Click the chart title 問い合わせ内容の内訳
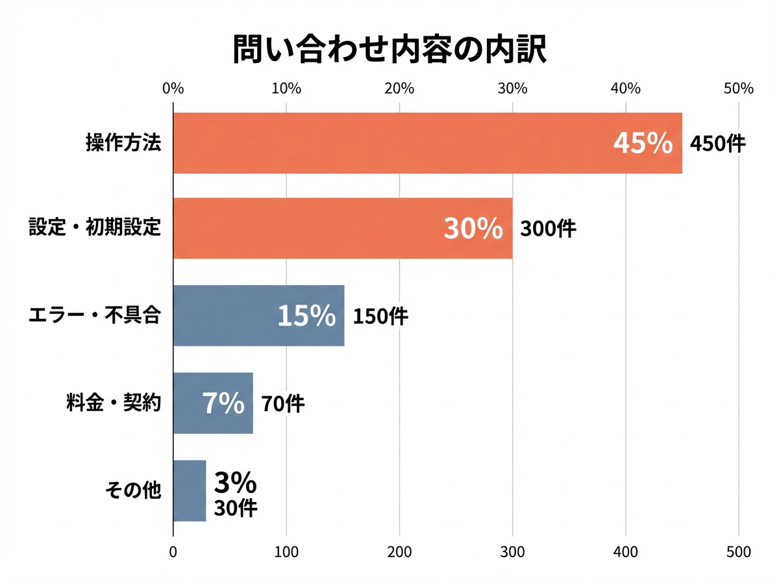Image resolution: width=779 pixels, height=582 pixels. click(x=389, y=50)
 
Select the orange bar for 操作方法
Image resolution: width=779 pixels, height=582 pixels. click(x=389, y=143)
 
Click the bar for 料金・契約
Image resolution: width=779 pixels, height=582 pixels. click(x=188, y=403)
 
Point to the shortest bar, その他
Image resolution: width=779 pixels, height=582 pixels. click(x=190, y=490)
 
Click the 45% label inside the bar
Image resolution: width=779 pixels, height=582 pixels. click(x=643, y=144)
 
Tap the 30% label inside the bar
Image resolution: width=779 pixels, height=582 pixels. click(x=473, y=229)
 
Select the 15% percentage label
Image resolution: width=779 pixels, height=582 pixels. click(x=306, y=316)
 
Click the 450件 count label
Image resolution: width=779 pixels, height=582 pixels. click(x=717, y=144)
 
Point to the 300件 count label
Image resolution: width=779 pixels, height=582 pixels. click(x=548, y=229)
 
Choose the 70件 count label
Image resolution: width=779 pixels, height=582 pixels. click(x=282, y=404)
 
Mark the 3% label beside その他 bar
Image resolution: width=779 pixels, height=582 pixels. click(x=235, y=483)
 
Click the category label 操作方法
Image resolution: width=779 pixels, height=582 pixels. click(x=123, y=143)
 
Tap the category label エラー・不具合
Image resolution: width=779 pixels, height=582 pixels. click(x=95, y=316)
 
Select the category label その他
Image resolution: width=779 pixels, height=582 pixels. click(x=132, y=490)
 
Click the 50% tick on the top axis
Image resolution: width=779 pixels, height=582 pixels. click(x=739, y=89)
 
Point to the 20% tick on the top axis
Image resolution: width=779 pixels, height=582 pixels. click(x=399, y=89)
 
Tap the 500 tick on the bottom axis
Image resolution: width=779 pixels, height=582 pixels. click(x=739, y=552)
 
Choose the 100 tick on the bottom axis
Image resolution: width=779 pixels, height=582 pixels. click(x=286, y=552)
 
